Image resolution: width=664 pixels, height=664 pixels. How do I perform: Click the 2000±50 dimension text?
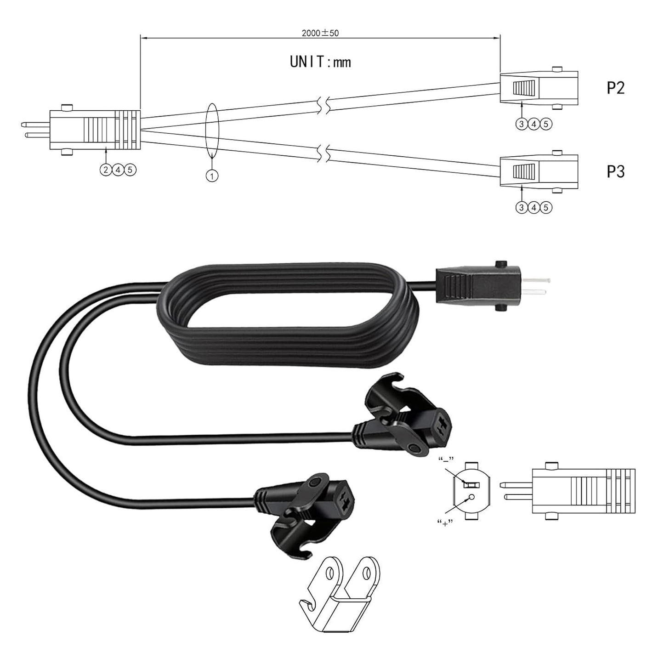[320, 33]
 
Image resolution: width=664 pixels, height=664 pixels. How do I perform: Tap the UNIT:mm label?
[320, 62]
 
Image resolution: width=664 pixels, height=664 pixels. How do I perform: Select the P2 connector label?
[615, 88]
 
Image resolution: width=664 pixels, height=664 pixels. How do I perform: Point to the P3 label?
[615, 171]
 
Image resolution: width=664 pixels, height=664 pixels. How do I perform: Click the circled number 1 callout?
[212, 176]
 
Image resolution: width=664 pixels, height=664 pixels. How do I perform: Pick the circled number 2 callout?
[106, 170]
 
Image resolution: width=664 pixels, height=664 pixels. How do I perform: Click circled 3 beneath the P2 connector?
[522, 124]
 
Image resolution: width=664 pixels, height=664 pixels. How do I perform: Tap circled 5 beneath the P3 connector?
[546, 207]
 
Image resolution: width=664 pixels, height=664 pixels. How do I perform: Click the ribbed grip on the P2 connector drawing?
[524, 87]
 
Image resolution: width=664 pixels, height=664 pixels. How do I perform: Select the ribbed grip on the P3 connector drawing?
[524, 171]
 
